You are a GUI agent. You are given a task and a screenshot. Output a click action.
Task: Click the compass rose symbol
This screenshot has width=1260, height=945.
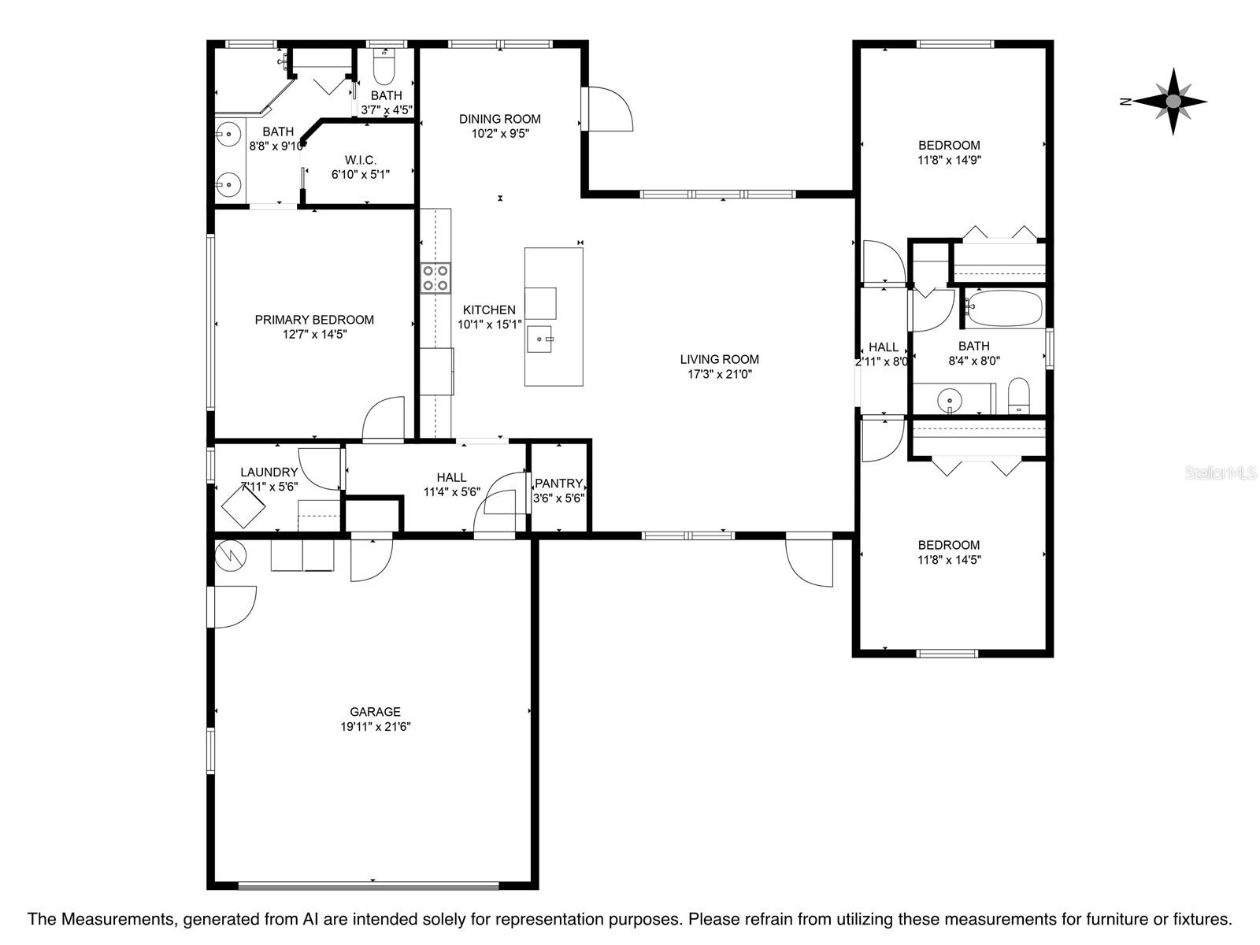tap(1173, 102)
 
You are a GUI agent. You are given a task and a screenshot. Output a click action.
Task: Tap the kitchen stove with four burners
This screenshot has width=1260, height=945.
tap(435, 278)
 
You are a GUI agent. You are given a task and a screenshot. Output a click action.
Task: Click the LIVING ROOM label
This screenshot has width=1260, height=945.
tap(719, 359)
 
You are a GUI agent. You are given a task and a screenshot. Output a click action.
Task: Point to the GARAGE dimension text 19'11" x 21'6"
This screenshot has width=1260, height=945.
tap(376, 726)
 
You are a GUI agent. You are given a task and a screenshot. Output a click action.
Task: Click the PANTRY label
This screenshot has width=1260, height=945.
tap(558, 483)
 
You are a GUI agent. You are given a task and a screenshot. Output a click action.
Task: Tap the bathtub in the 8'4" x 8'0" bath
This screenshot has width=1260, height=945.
tap(1003, 308)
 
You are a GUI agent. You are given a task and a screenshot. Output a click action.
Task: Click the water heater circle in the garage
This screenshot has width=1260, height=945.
tap(231, 555)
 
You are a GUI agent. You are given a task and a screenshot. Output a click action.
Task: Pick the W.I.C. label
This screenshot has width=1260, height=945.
tap(361, 160)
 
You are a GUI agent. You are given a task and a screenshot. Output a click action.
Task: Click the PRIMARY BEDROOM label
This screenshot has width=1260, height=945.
tap(314, 320)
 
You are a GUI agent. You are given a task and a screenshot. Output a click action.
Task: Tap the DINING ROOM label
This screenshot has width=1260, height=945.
tap(499, 119)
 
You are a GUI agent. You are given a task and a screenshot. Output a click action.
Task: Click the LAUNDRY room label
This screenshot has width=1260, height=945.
tap(269, 472)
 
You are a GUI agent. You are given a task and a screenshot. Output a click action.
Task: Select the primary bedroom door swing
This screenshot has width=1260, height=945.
tap(384, 419)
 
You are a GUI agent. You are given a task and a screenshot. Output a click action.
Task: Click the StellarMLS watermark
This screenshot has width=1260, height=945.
tap(1221, 473)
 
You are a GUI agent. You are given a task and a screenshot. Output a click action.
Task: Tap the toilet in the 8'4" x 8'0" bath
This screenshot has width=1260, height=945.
tap(1019, 395)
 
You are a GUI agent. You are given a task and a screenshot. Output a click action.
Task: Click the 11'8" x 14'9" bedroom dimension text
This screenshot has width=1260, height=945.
tap(949, 160)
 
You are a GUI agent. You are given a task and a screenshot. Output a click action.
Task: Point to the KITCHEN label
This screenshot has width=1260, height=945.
tap(489, 309)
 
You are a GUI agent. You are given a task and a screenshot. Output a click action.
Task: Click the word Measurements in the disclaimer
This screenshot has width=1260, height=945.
tap(117, 918)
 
